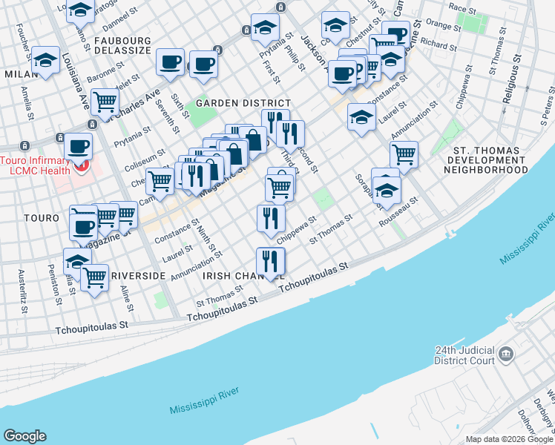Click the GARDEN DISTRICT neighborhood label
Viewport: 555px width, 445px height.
point(232,103)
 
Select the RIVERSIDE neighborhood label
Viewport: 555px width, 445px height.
point(137,276)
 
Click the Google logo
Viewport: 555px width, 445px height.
point(24,436)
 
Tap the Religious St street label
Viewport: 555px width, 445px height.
point(510,82)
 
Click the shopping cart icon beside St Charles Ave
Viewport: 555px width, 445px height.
point(105,100)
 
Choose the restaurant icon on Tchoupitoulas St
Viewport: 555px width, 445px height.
point(270,261)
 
